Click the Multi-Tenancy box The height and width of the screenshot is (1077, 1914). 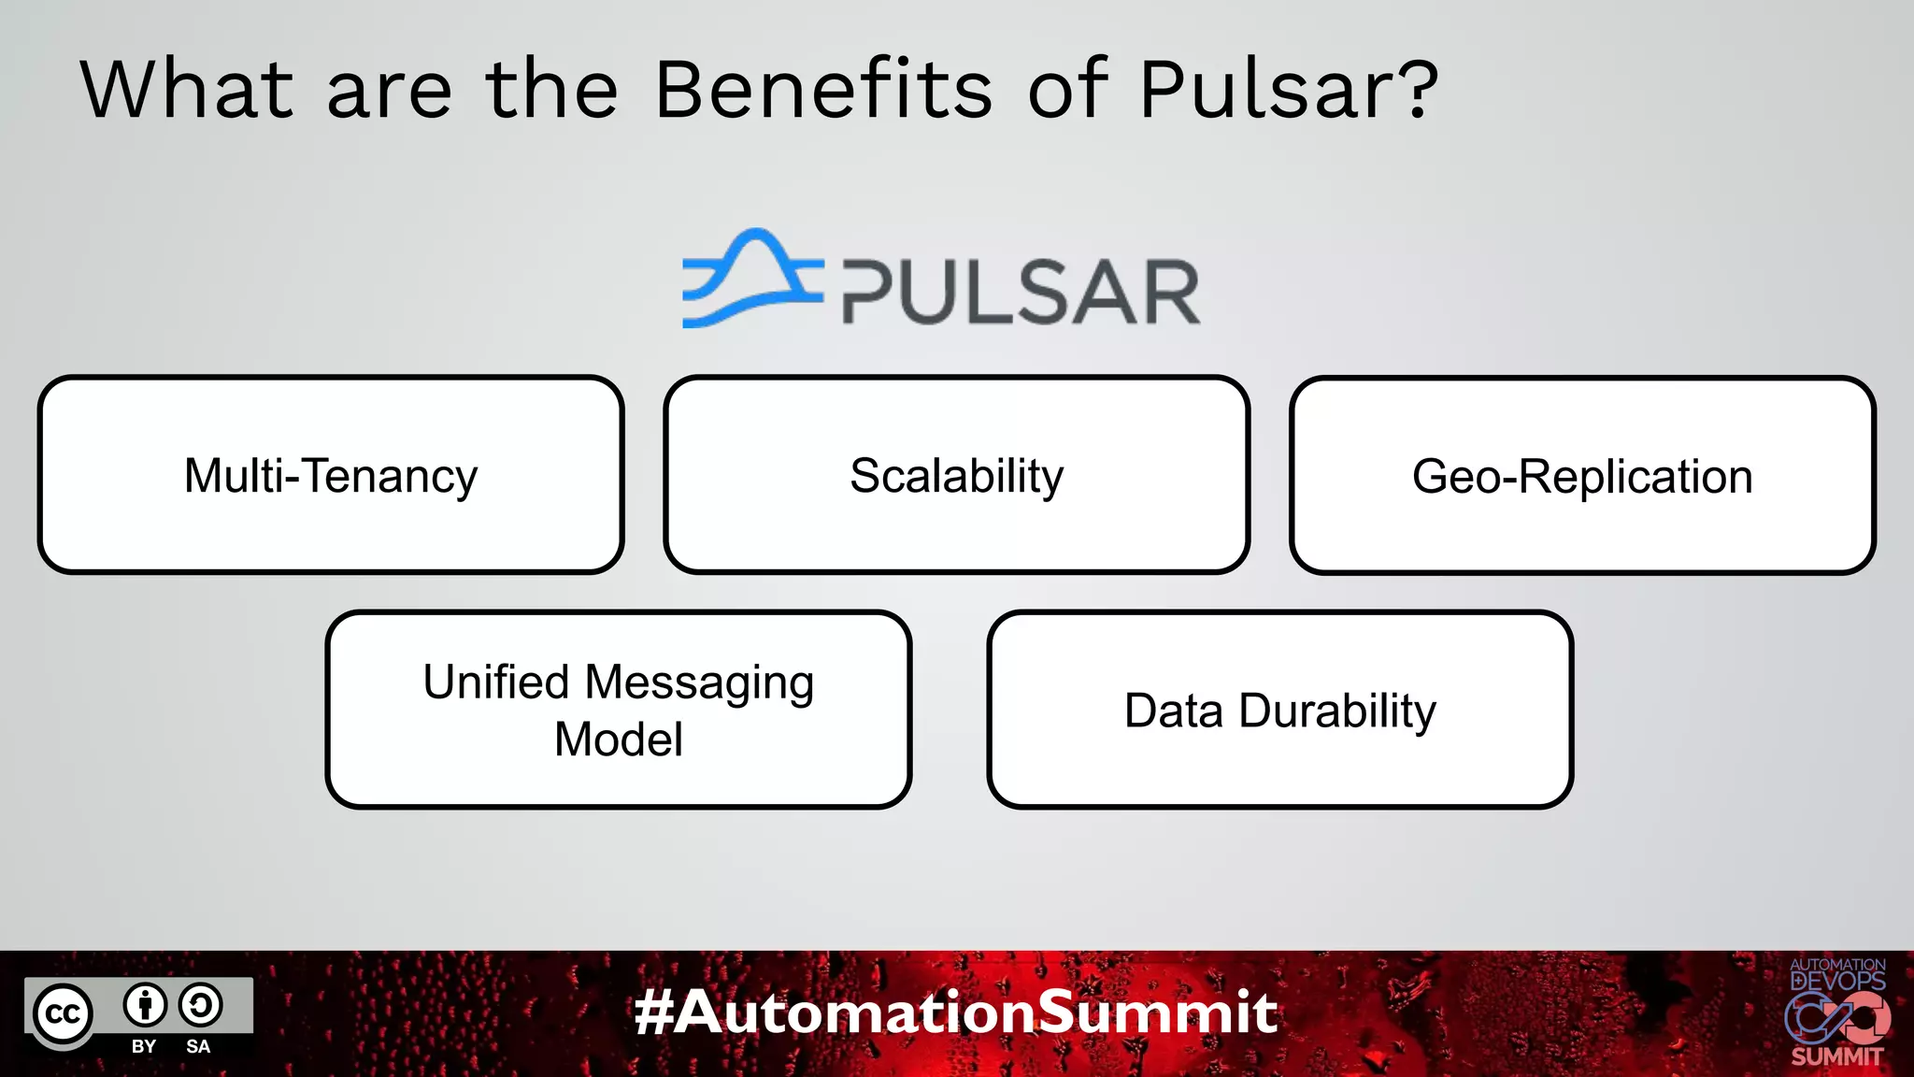coord(331,475)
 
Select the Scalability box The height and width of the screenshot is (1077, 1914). coord(956,475)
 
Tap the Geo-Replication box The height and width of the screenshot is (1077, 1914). coord(1582,475)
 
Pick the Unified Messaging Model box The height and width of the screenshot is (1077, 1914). coord(618,710)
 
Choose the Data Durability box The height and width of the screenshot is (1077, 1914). coord(1279,710)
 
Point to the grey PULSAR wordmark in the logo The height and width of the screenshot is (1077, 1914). coord(1021,293)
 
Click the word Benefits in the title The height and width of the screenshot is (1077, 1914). coord(822,90)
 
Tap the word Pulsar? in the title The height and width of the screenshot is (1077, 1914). coord(1288,90)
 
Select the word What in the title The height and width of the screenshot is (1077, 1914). coord(187,90)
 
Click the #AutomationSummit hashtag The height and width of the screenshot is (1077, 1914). coord(956,1012)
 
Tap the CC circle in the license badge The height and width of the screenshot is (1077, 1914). coord(64,1013)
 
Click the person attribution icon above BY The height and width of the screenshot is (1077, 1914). coord(145,1005)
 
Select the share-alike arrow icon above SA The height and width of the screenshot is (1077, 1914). coord(200,1005)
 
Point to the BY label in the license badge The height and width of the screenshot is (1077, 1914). coord(144,1046)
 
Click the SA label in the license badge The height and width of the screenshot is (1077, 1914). coord(198,1046)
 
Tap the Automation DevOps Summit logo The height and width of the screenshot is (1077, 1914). coord(1836,1012)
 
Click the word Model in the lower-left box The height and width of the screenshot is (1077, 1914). coord(618,740)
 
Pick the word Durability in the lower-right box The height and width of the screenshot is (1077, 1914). coord(1337,711)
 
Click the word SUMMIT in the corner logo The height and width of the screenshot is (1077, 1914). coord(1836,1056)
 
